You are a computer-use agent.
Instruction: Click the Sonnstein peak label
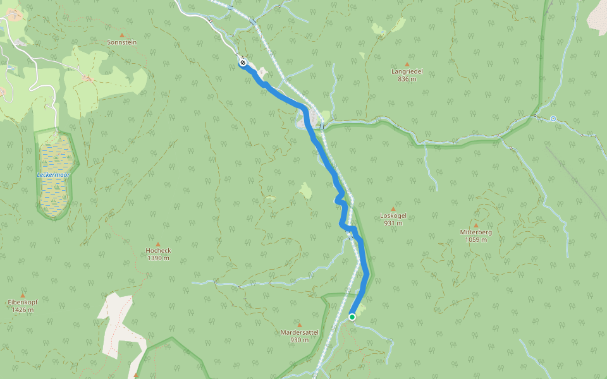coord(122,42)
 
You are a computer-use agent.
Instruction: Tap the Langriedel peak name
coord(407,71)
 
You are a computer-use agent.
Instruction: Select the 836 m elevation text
coord(407,79)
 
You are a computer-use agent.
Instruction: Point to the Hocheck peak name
coord(158,250)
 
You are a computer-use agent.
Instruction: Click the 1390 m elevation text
coord(158,258)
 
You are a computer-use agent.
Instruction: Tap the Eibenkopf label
coord(23,303)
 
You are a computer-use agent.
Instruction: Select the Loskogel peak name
coord(393,215)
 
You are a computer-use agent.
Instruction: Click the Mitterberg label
coord(476,232)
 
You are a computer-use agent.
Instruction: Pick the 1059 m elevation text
coord(476,239)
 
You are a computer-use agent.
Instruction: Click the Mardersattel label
coord(299,332)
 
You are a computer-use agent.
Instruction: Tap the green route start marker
coord(352,317)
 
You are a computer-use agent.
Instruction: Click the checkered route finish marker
coord(243,63)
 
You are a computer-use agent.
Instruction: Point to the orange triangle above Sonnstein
coord(122,35)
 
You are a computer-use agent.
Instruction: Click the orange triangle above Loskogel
coord(393,208)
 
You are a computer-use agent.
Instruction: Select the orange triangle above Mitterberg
coord(476,225)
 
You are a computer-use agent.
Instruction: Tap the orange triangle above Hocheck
coord(158,243)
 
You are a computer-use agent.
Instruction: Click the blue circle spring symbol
coord(553,118)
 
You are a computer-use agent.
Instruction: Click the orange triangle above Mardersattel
coord(299,325)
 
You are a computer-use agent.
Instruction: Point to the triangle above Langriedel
coord(407,64)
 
